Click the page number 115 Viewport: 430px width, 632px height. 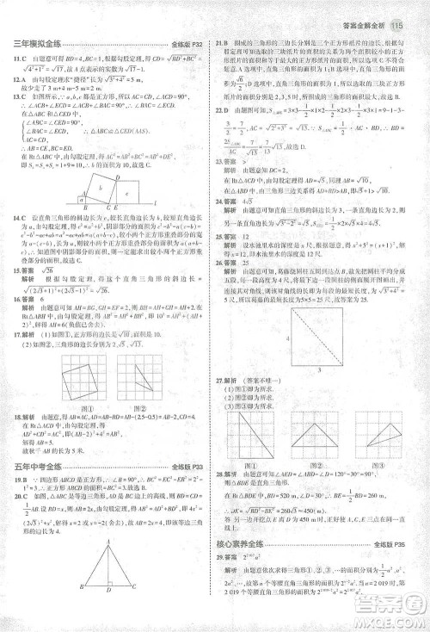point(396,26)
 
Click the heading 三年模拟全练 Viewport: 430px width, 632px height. point(34,44)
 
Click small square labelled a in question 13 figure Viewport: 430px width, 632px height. point(82,199)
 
